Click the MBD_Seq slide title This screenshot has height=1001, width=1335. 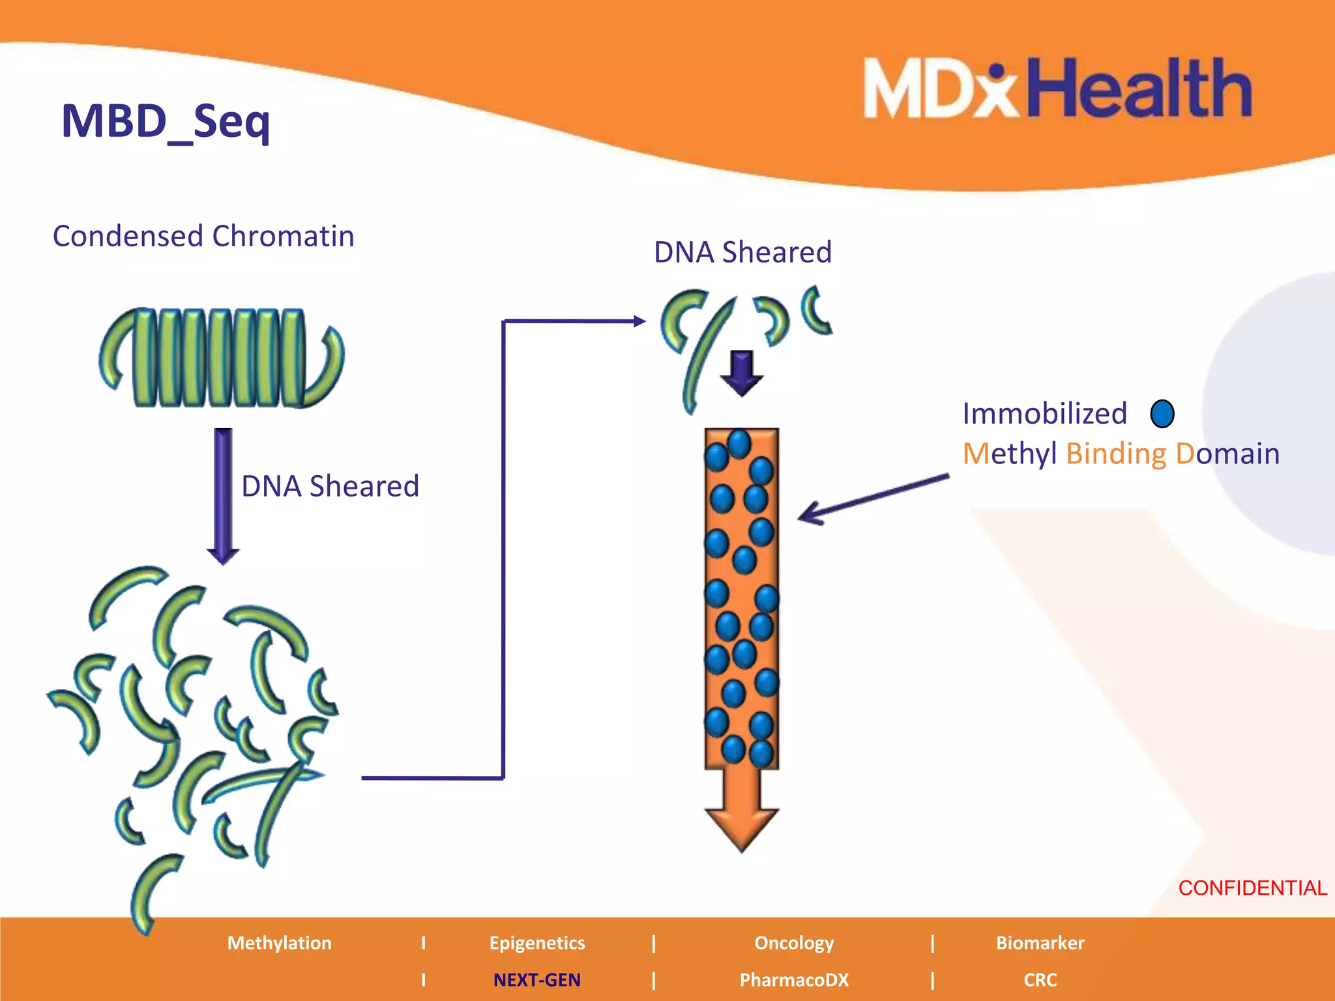[166, 121]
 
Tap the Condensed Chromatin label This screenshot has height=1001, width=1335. [203, 236]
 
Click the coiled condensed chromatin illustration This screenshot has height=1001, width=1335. [222, 358]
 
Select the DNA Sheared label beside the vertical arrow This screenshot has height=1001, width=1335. [330, 486]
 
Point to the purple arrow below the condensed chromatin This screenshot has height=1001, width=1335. [223, 495]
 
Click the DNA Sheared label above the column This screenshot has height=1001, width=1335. [742, 252]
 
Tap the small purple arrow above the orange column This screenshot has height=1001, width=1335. [742, 373]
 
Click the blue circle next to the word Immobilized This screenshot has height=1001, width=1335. [1162, 414]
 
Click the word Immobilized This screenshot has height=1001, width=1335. [1044, 414]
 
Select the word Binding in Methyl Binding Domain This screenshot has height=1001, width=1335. [1116, 454]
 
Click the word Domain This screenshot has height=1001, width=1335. [1228, 454]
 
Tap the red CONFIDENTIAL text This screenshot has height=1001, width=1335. [1252, 888]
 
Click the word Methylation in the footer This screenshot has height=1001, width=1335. [279, 943]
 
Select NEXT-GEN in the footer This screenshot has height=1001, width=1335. [536, 980]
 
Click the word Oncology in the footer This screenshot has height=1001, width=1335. [794, 943]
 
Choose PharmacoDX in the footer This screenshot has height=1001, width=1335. [794, 980]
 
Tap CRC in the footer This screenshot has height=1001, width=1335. [1040, 980]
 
